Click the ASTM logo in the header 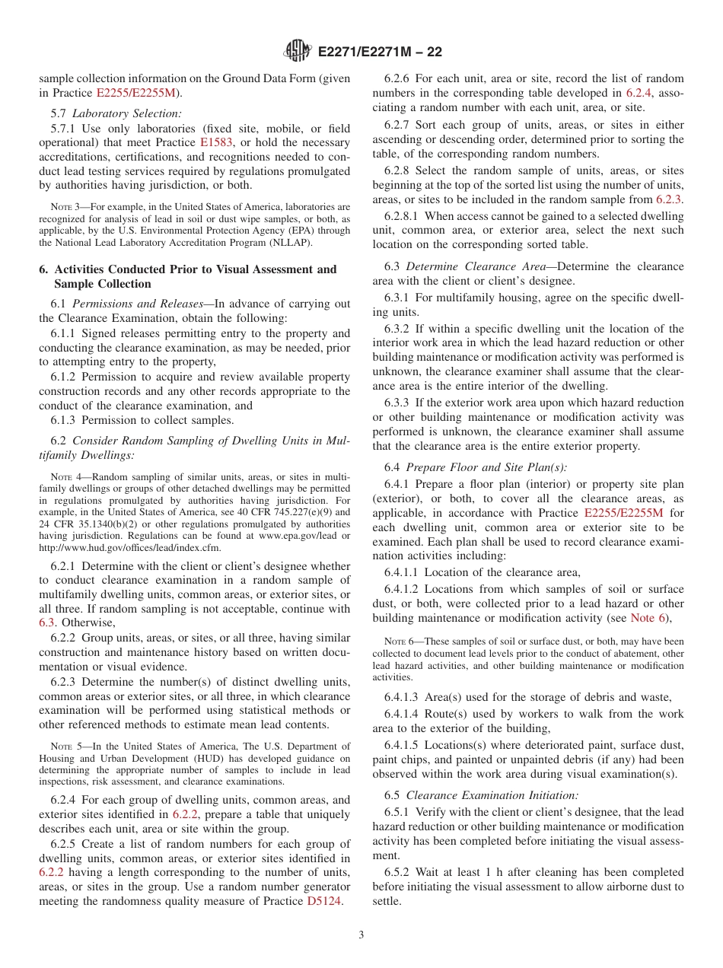[x=298, y=51]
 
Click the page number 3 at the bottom [x=361, y=935]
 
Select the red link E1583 [x=215, y=142]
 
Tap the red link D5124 [x=324, y=901]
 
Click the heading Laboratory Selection [x=127, y=113]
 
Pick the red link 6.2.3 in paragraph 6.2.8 [x=668, y=199]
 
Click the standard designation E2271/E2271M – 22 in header [x=380, y=52]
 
